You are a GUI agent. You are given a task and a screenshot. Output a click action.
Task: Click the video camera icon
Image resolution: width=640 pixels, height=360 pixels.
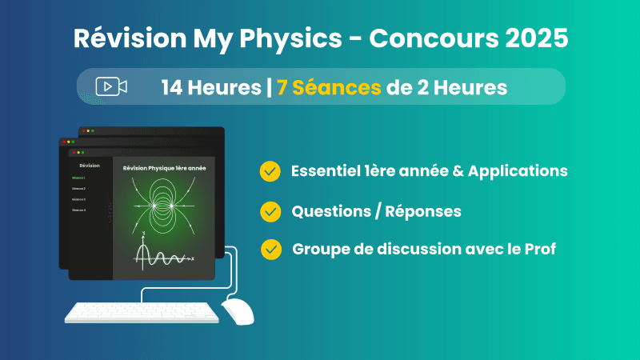tap(111, 86)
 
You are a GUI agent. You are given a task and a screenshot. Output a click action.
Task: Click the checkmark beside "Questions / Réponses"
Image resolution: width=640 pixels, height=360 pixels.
tap(270, 211)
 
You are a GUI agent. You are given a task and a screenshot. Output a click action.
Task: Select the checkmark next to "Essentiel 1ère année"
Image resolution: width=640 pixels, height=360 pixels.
tap(270, 171)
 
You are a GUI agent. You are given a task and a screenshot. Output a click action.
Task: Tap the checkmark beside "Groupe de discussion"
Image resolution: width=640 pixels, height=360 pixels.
tap(270, 249)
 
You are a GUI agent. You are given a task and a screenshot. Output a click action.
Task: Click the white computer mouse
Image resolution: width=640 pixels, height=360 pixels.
tap(237, 311)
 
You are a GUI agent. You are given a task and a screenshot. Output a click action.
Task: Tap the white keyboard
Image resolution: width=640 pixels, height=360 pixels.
tap(141, 313)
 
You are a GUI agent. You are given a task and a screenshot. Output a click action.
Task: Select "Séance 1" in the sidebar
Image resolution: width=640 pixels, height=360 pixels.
tap(78, 178)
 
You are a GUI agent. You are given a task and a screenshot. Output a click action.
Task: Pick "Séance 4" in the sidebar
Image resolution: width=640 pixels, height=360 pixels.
tap(78, 210)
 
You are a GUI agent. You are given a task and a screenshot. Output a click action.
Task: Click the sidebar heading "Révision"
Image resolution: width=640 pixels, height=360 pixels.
tap(90, 165)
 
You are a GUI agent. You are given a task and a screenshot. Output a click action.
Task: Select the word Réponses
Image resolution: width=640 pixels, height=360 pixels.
tap(424, 211)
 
